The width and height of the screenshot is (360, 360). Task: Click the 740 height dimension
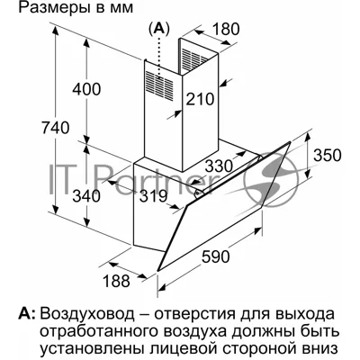[x=56, y=128]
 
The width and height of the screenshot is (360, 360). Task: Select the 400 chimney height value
[x=87, y=89]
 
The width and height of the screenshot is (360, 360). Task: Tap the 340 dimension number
[x=86, y=196]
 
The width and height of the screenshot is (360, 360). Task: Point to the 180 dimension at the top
[x=226, y=29]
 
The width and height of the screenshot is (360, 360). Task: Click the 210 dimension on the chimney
[x=200, y=99]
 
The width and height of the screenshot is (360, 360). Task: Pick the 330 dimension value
[x=220, y=166]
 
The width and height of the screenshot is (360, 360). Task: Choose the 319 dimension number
[x=153, y=196]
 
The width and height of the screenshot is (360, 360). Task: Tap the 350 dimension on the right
[x=328, y=155]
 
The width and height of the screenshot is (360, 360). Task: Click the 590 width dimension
[x=215, y=256]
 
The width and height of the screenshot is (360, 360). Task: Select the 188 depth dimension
[x=116, y=281]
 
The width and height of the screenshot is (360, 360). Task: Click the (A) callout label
[x=158, y=28]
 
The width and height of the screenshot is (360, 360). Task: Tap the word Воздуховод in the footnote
[x=88, y=314]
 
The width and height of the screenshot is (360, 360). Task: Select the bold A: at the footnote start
[x=27, y=314]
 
